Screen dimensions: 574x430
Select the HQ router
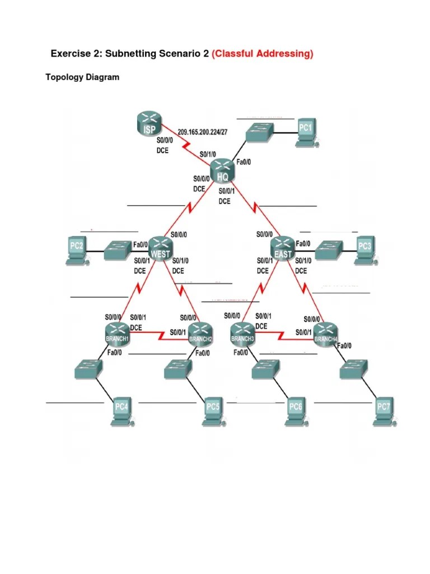point(223,170)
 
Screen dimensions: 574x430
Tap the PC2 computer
point(77,251)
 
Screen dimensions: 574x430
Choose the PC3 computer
point(365,251)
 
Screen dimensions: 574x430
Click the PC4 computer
point(121,411)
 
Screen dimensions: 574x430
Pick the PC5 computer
point(213,411)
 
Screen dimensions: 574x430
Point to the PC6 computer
point(296,411)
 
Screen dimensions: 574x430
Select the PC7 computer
point(384,411)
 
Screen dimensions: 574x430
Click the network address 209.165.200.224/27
point(203,132)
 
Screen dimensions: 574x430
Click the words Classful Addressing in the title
point(263,54)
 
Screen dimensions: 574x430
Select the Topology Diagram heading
point(82,77)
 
